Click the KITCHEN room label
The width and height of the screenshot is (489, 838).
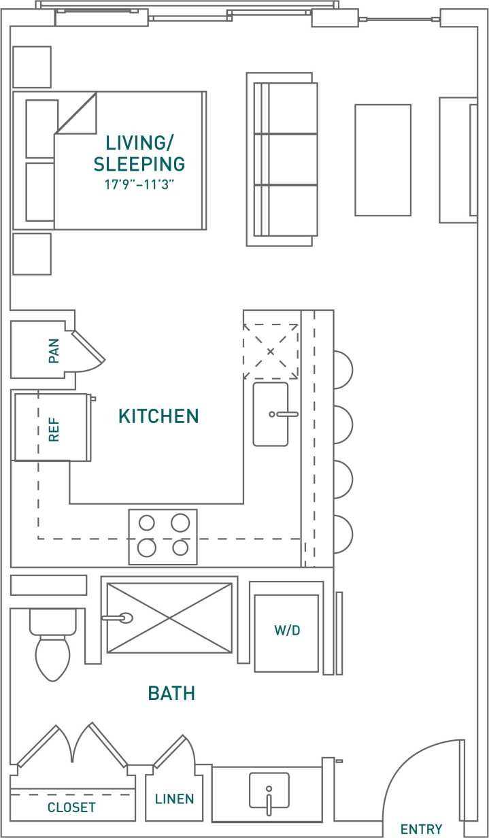click(x=158, y=416)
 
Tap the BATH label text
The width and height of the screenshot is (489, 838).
click(x=171, y=693)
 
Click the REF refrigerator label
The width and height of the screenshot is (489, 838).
click(x=54, y=430)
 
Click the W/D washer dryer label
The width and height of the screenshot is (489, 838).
click(x=287, y=631)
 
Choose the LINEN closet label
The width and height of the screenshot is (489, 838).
click(x=174, y=799)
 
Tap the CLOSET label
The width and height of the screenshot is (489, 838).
click(x=71, y=807)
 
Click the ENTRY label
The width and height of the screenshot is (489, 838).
click(x=421, y=828)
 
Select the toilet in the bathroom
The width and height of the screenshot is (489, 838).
click(x=52, y=650)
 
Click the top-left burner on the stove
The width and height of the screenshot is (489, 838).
click(x=148, y=522)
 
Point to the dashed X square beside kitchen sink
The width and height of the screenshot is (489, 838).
click(x=271, y=352)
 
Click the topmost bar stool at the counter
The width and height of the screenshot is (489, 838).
click(x=342, y=369)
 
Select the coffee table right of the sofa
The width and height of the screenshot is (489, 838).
click(x=383, y=160)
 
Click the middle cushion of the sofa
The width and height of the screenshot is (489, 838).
click(x=292, y=159)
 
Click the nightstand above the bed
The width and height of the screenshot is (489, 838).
click(x=32, y=67)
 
